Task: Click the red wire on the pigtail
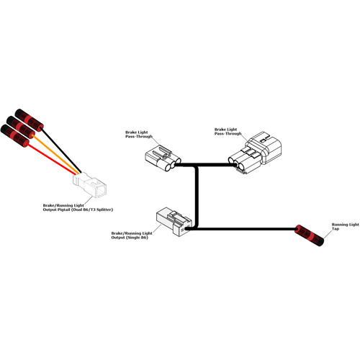(52, 159)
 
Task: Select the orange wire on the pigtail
(56, 155)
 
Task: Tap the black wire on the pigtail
(62, 150)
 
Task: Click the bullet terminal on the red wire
(15, 136)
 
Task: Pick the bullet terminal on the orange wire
(21, 128)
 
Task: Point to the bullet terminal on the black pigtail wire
(29, 120)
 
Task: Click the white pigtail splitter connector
(89, 185)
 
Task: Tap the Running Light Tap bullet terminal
(310, 235)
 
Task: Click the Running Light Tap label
(345, 227)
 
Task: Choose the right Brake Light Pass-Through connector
(255, 152)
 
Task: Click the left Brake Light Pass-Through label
(139, 135)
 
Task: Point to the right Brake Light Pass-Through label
(228, 132)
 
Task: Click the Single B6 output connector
(174, 222)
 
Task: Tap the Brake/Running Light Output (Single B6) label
(132, 235)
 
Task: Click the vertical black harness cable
(197, 197)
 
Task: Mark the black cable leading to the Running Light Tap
(241, 230)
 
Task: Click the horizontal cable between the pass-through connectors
(204, 165)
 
